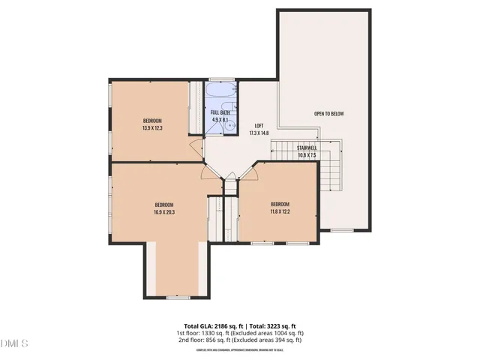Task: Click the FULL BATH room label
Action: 220,112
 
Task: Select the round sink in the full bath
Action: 230,127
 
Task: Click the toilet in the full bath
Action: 211,126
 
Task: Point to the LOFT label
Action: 259,125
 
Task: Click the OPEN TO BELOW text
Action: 328,114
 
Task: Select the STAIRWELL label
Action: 307,148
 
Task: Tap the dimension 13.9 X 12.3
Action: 152,128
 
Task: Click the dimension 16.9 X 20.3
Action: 164,212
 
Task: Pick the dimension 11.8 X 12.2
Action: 280,211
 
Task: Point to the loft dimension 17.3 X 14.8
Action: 259,133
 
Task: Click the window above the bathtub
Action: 220,79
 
